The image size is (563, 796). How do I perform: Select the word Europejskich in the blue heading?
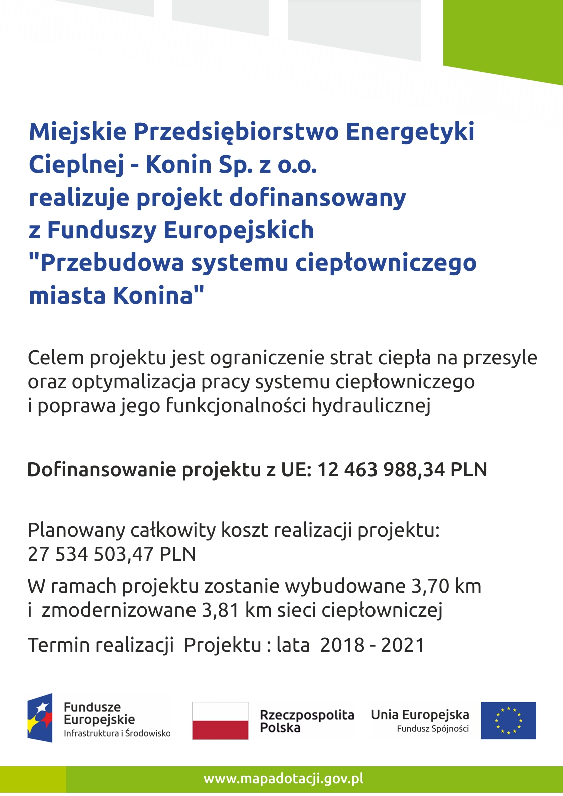point(239,230)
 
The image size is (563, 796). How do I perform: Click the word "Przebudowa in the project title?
point(106,263)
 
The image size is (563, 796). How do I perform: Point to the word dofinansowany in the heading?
point(318,198)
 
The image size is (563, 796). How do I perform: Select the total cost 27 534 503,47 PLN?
point(111,554)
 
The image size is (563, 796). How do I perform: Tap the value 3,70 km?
point(446,586)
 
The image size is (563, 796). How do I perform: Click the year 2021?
point(403,645)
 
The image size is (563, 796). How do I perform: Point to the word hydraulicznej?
point(371,406)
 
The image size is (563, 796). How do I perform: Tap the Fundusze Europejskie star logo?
point(40,718)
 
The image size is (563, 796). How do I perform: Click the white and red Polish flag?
point(220,721)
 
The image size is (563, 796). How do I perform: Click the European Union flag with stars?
point(508,721)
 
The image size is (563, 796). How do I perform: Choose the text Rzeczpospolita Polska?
point(306,721)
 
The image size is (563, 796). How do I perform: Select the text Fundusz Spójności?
point(433,729)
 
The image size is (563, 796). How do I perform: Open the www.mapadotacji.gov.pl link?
point(283,779)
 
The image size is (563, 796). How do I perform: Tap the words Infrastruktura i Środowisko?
point(117,733)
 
